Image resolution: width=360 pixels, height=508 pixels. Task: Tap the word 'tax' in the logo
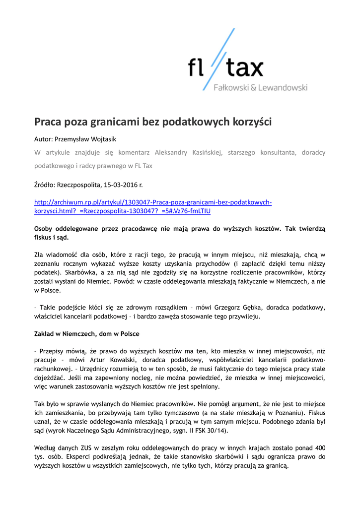244,68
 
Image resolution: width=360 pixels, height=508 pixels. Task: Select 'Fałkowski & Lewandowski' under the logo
260,88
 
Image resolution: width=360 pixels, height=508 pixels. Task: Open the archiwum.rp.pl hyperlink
152,202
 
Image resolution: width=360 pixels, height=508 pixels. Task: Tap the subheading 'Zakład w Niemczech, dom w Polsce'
86,334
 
